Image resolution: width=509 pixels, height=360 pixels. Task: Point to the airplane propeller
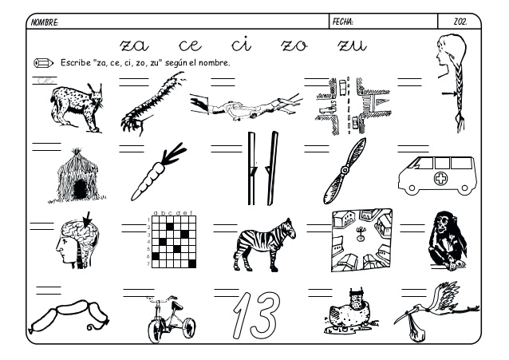click(344, 171)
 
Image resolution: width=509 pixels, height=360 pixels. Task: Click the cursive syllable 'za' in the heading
click(136, 45)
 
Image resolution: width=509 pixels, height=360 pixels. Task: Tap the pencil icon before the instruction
click(43, 62)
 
